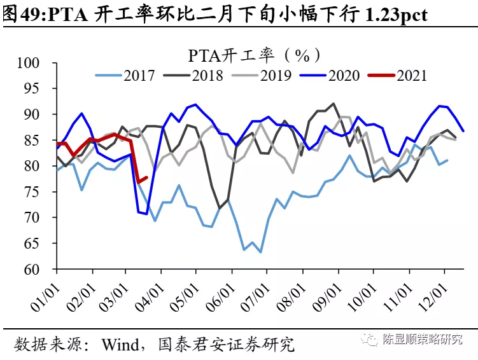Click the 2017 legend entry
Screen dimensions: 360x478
(139, 76)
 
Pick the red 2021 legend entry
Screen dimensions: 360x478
(411, 76)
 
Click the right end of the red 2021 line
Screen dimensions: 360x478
(147, 177)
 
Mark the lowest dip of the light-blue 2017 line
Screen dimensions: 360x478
(260, 252)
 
